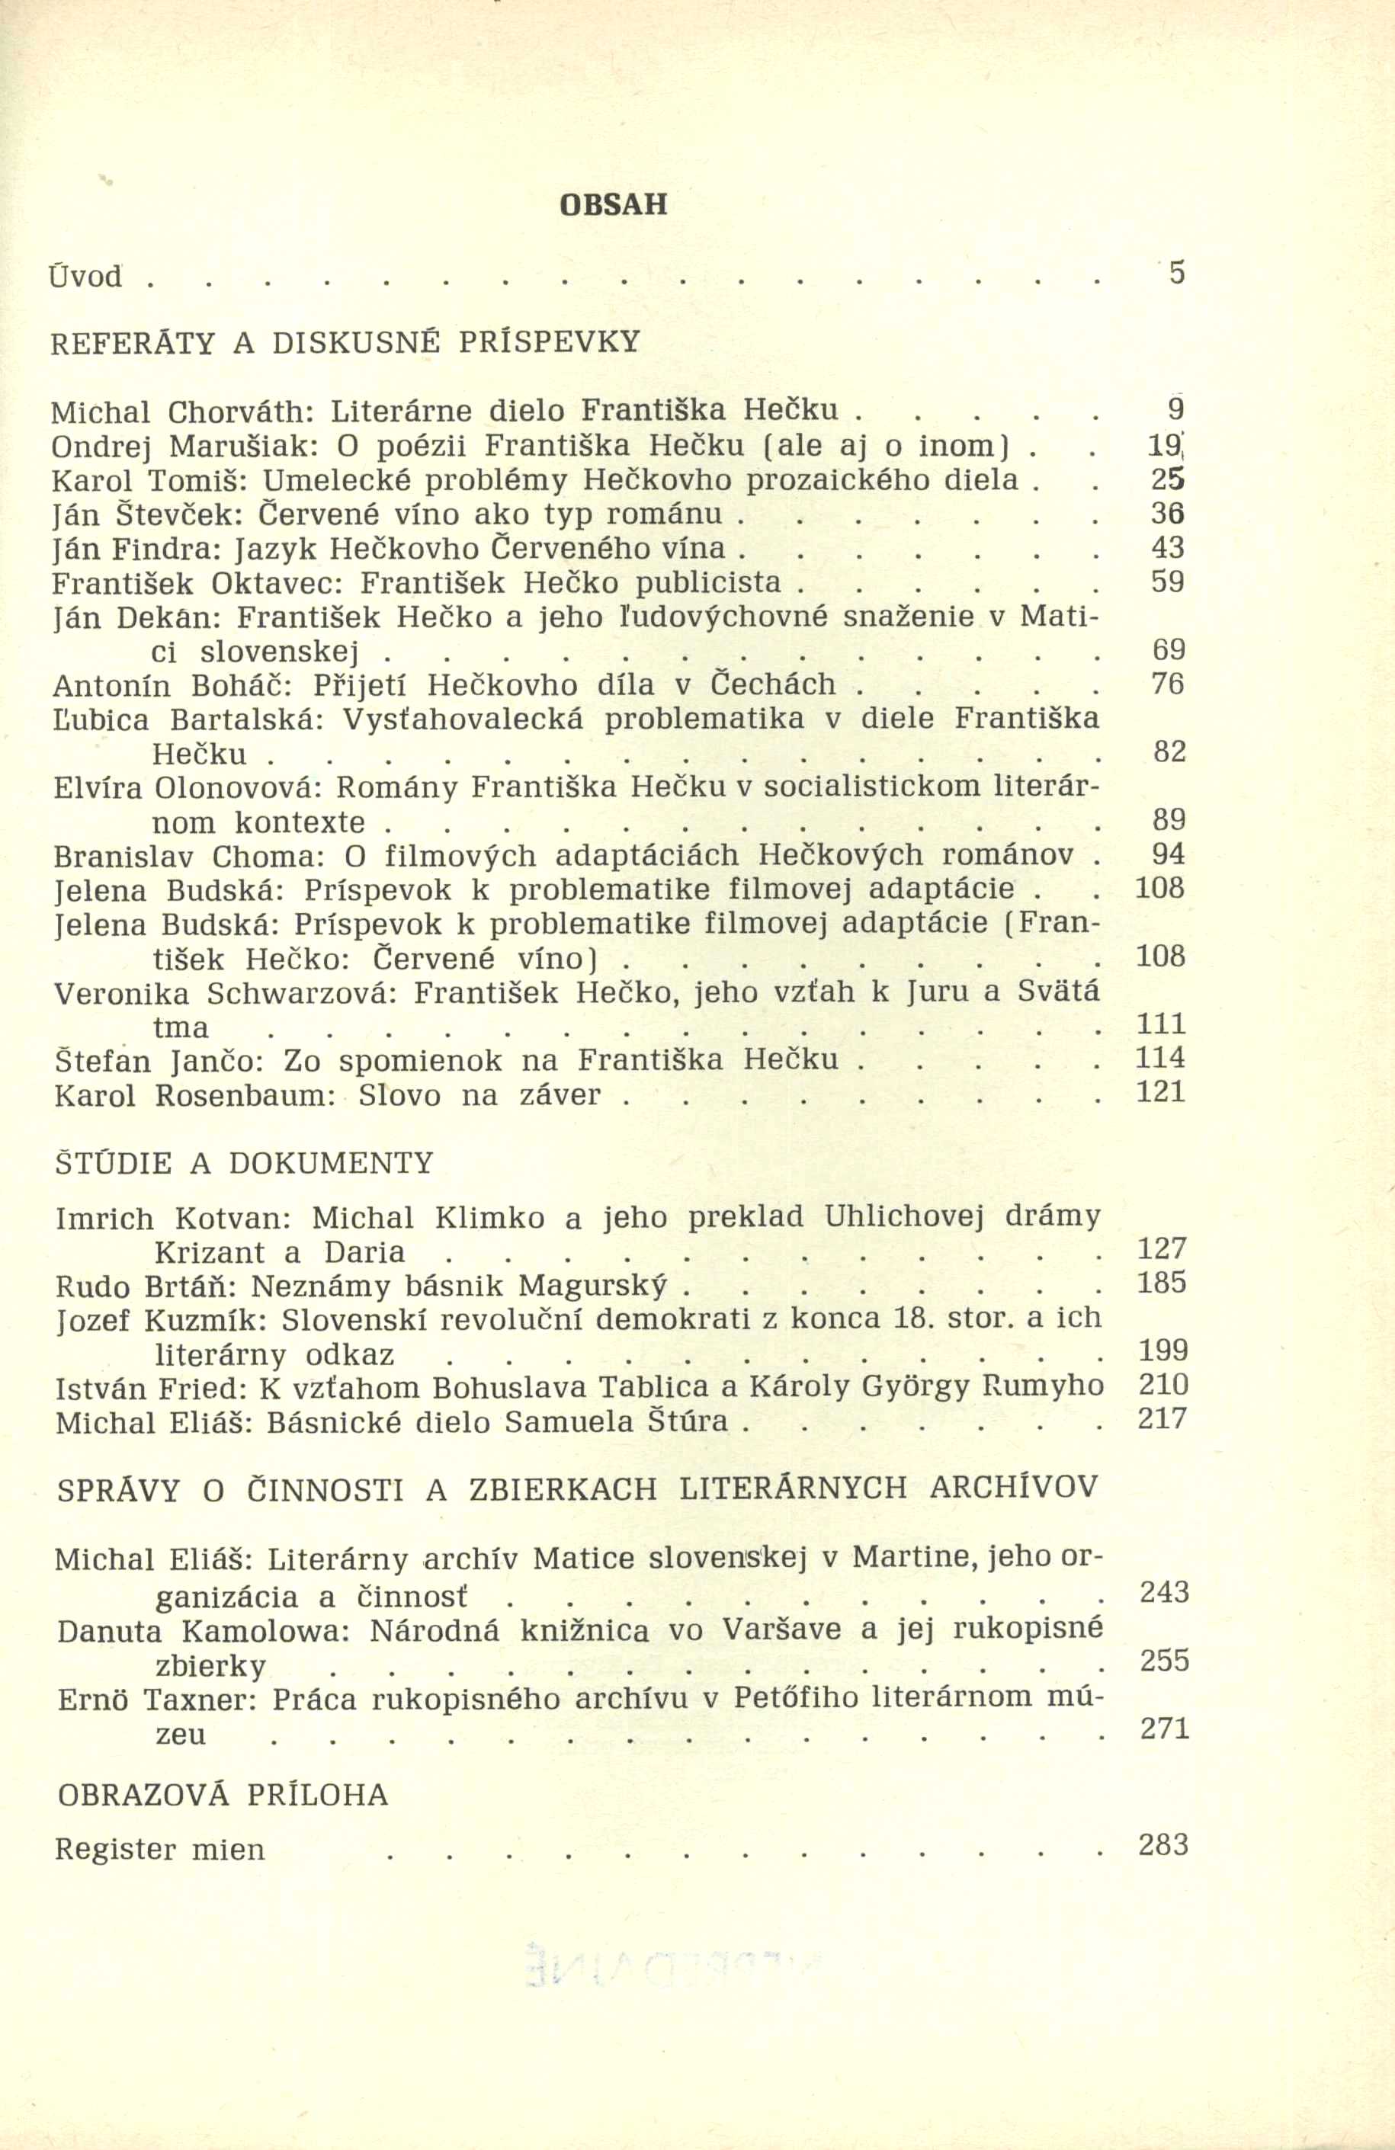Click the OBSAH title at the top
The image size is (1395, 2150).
[614, 205]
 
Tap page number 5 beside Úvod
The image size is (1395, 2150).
[1175, 273]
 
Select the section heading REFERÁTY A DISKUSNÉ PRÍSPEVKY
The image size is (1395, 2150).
[345, 342]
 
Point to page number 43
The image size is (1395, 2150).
[1167, 547]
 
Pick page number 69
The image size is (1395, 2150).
[1169, 650]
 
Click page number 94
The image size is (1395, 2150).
[1169, 854]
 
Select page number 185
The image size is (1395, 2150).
[1162, 1283]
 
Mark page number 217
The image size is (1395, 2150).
[1162, 1419]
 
